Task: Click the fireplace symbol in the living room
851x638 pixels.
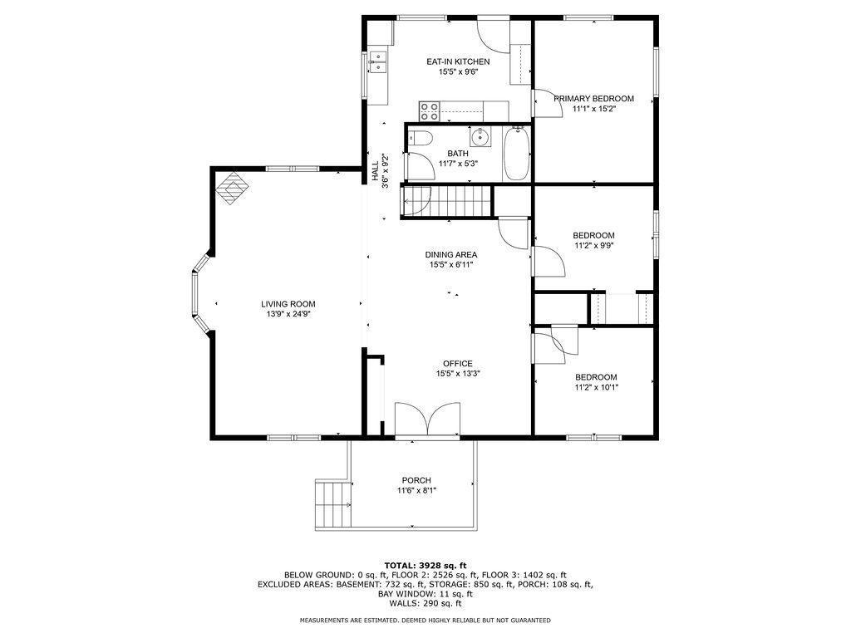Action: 232,187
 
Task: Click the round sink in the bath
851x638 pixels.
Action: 480,136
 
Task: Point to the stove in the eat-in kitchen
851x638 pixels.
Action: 430,109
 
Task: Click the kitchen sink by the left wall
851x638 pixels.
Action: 378,62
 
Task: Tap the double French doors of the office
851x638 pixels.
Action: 427,419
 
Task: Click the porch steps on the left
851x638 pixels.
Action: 332,504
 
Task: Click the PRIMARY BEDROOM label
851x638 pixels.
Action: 593,98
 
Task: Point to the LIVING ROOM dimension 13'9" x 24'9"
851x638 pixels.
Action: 288,315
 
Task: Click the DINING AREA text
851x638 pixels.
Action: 450,254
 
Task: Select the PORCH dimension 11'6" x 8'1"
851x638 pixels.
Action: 416,491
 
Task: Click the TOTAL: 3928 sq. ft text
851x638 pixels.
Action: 425,564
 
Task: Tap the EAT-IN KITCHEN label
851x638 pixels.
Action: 458,61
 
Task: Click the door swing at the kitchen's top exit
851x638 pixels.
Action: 491,34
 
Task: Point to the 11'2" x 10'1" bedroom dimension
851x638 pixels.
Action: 596,387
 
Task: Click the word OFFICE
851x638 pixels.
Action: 457,363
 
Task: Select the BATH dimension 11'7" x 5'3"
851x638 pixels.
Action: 458,164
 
